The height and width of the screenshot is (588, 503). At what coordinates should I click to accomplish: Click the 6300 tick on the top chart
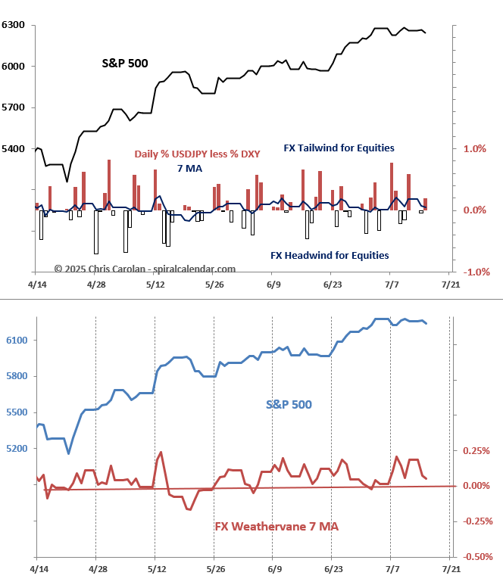click(x=14, y=25)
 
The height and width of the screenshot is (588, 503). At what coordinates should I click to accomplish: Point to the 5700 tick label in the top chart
click(x=14, y=107)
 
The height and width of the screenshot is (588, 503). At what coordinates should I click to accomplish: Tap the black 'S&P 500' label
click(x=125, y=64)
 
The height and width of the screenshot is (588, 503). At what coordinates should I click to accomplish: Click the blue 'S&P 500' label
click(x=289, y=405)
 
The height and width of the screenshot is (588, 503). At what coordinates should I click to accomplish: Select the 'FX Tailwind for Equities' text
click(x=339, y=148)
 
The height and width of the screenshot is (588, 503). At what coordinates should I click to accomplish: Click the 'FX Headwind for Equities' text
click(x=330, y=256)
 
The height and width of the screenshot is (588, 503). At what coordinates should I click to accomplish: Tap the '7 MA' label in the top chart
click(x=189, y=168)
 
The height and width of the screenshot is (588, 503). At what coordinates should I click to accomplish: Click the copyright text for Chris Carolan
click(x=145, y=269)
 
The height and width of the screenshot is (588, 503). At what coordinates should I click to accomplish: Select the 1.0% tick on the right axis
click(x=474, y=149)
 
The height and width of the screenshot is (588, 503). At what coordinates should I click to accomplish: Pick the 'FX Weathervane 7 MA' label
click(x=276, y=526)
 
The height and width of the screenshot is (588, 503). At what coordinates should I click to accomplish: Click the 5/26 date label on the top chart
click(x=214, y=285)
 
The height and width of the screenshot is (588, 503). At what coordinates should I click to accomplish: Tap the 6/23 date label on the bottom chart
click(x=333, y=567)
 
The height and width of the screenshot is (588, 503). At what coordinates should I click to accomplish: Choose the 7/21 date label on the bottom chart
click(x=450, y=567)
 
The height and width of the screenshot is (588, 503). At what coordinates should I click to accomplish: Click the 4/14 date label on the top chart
click(x=36, y=285)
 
